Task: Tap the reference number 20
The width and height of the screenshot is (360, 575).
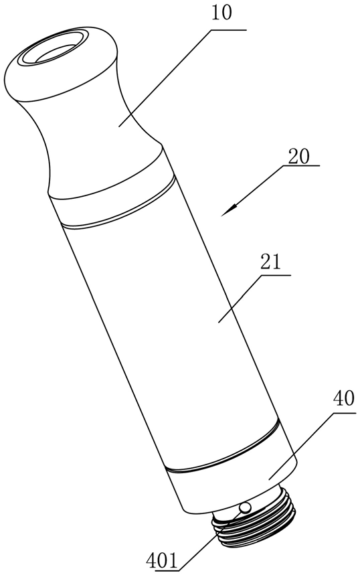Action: coord(298,157)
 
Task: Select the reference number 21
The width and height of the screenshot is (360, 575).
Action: coord(270,263)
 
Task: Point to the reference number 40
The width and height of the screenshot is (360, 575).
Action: coord(343,399)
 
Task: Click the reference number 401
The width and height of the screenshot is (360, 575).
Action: coord(162,561)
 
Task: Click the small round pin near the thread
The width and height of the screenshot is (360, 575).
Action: coord(245,508)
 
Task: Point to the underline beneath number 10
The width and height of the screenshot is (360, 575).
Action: coord(228,30)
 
